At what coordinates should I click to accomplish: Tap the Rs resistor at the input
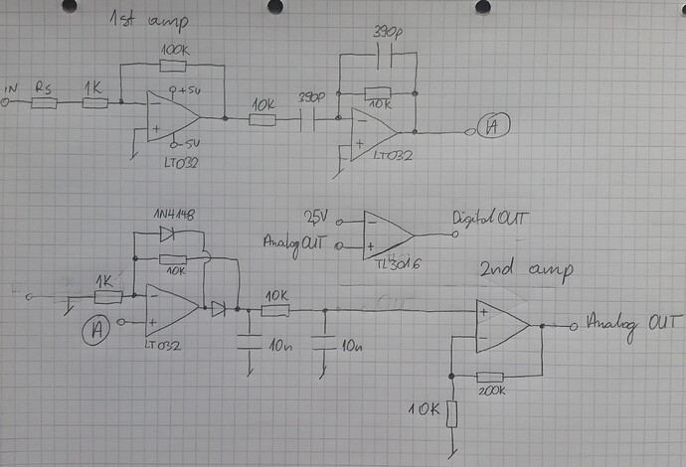click(x=44, y=101)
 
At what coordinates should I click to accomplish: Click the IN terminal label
click(x=12, y=89)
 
